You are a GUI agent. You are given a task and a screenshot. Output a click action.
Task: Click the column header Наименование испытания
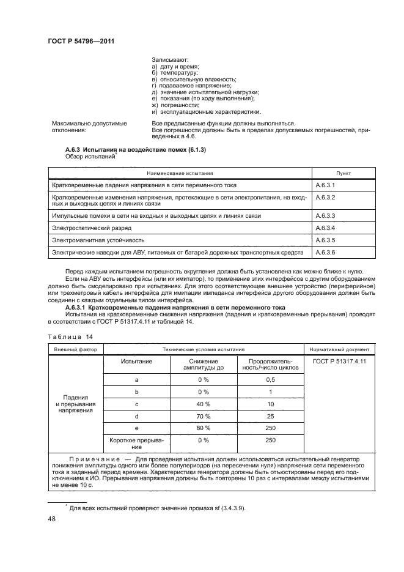(x=180, y=173)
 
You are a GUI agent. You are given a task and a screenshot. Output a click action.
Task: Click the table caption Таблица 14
(x=66, y=336)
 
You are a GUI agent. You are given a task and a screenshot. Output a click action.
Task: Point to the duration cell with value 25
(x=270, y=417)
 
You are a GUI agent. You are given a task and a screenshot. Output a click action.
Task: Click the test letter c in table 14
(x=137, y=405)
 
